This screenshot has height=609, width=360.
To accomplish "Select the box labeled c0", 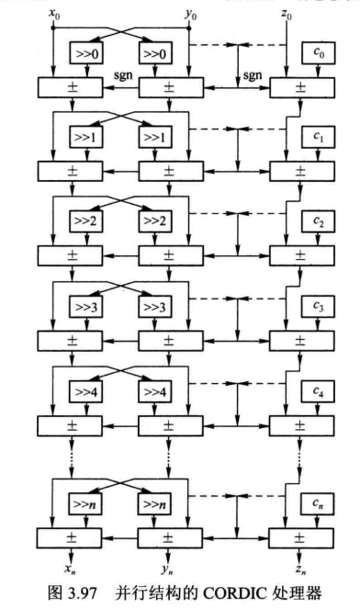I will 319,52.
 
